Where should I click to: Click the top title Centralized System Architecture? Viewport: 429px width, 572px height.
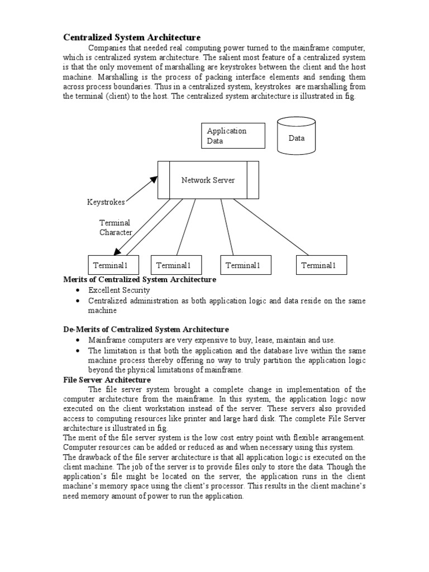131,37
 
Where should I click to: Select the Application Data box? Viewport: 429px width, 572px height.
233,136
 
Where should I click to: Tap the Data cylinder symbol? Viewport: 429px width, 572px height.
297,135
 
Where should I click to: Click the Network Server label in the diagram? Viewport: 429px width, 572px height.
208,180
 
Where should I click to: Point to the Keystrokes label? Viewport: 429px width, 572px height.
106,202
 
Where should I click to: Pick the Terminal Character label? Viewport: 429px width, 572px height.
116,227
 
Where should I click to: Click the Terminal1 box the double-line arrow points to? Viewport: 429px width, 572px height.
114,265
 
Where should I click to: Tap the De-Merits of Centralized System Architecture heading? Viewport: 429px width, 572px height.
145,330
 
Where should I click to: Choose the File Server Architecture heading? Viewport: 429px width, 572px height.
107,380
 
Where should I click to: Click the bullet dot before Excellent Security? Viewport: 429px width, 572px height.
77,291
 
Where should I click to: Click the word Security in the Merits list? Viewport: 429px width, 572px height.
136,290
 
